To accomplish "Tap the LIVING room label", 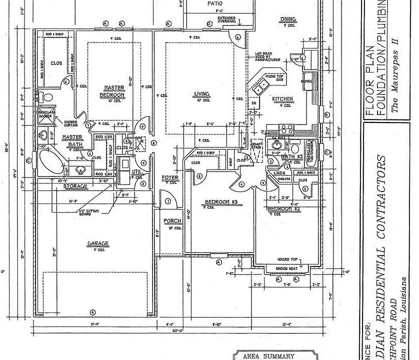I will (x=201, y=93).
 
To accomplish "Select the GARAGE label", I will (x=97, y=243).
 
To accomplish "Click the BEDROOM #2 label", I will (x=282, y=208).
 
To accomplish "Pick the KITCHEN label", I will (x=282, y=99).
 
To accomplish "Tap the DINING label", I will (x=288, y=19).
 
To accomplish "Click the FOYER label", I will (x=170, y=177).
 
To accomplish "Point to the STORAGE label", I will (x=75, y=186).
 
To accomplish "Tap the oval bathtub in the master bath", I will (x=48, y=161).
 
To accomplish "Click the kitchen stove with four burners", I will (x=286, y=128).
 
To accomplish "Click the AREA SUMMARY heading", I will (x=267, y=356).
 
